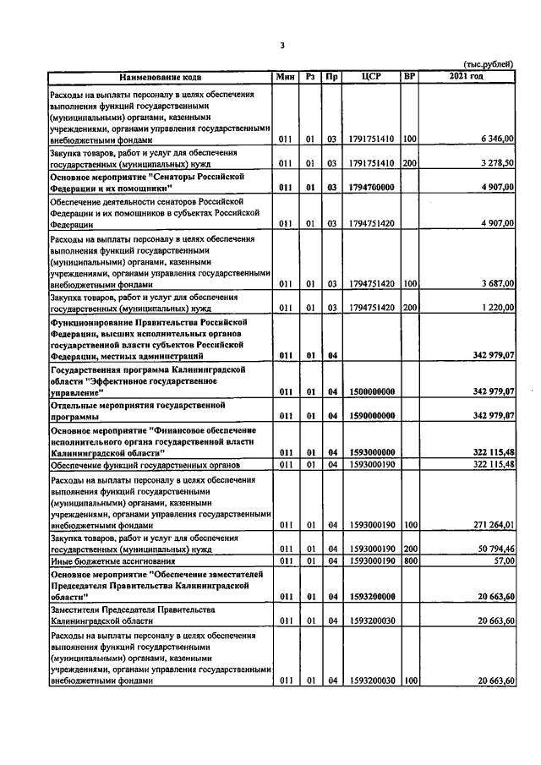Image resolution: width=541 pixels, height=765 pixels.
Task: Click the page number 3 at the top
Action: coord(282,46)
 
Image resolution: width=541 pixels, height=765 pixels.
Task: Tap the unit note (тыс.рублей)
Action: coord(489,65)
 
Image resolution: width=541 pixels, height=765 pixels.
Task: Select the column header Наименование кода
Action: coord(160,77)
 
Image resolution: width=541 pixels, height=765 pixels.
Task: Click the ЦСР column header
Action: coord(371,77)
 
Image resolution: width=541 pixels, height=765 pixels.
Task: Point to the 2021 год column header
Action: coord(466,77)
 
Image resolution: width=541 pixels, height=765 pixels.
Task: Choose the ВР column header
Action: coord(409,77)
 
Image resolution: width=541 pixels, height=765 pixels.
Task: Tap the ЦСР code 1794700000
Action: coord(371,187)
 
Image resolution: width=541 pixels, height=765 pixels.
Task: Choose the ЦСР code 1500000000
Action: coord(371,391)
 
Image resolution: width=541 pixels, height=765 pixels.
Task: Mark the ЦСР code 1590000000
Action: coord(371,415)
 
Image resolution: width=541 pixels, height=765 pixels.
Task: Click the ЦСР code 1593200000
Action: coord(371,596)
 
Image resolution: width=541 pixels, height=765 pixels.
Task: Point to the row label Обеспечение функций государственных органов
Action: coord(145,465)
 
